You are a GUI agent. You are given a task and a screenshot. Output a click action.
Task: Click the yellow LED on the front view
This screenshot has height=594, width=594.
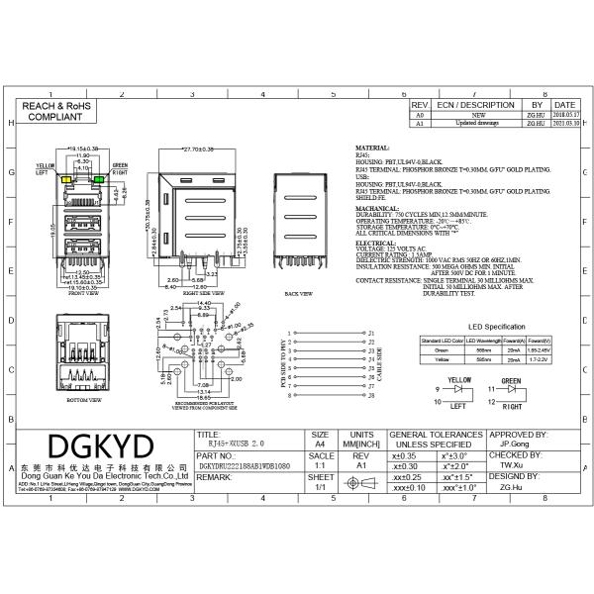coord(64,179)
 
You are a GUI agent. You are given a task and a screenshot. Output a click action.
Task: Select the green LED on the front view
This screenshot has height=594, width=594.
coord(104,179)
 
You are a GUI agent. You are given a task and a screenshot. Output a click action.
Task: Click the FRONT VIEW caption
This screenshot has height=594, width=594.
coord(83,293)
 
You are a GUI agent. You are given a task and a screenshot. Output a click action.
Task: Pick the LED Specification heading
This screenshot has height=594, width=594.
coord(497,326)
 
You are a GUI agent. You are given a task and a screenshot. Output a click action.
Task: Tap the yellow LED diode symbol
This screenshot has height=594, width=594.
coord(459,390)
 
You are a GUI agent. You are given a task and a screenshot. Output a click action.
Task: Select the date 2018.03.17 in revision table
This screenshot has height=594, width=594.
coord(565,116)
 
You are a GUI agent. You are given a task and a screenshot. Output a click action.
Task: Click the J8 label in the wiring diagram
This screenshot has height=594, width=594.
coord(370,395)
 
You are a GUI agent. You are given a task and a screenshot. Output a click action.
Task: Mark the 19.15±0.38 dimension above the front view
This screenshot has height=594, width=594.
coord(85,148)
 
